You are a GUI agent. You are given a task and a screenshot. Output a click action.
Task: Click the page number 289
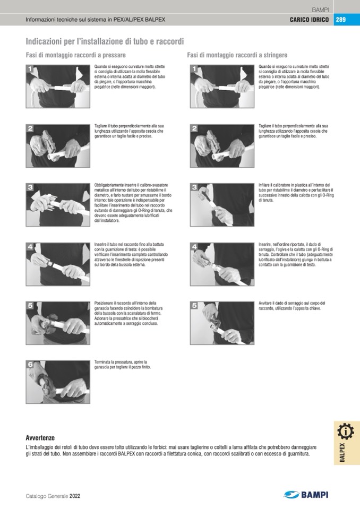coord(340,20)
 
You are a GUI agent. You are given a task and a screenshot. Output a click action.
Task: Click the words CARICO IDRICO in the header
coord(309,20)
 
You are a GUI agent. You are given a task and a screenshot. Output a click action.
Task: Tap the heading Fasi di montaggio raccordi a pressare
coord(75,55)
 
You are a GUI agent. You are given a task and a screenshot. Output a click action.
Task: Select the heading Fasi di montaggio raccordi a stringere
coord(237,55)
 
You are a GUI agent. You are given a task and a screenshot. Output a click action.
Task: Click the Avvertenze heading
coord(40,437)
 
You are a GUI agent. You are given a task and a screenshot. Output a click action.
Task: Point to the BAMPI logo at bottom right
coord(306,494)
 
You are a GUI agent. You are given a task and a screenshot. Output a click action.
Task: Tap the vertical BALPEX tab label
coord(342,453)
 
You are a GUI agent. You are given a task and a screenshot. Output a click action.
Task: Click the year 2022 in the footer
coord(75,496)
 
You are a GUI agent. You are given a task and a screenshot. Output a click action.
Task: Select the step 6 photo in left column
coord(58,382)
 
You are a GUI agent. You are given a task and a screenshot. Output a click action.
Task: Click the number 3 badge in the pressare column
coord(30,187)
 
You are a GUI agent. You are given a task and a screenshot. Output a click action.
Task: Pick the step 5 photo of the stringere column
coord(222,323)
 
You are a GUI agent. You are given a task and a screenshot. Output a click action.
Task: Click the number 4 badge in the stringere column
coord(194,247)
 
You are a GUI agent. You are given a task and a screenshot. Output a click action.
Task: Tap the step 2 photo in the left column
coord(58,146)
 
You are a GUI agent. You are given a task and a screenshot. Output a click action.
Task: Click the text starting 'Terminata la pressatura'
coord(122,364)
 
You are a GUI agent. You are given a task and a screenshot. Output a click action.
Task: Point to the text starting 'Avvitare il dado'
coord(292,306)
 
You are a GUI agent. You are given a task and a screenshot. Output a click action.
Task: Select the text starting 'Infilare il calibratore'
coord(296,193)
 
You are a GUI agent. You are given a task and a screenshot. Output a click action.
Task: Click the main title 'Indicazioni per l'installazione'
coord(105,41)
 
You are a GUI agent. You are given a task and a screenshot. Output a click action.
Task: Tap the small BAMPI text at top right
coord(320,10)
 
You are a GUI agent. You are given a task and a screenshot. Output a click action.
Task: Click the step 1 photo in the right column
coord(222,87)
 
